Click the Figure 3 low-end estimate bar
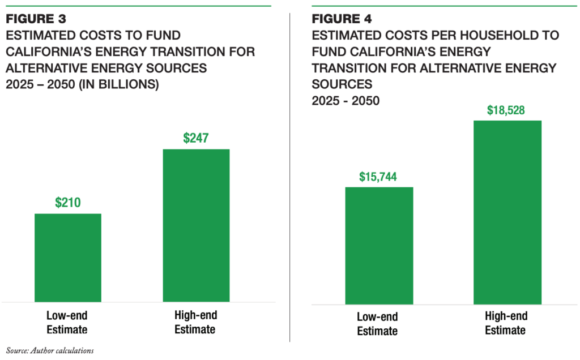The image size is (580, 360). (x=68, y=258)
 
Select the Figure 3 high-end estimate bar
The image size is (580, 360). (x=196, y=225)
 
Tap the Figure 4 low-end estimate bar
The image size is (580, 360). (x=379, y=246)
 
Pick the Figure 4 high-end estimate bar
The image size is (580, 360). (x=507, y=212)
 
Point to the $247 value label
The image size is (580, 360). (x=196, y=138)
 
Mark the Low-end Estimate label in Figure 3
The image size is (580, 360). (x=67, y=322)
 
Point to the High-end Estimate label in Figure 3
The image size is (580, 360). (x=196, y=322)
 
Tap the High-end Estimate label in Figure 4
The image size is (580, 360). (x=506, y=323)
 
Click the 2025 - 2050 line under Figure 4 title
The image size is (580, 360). (x=346, y=101)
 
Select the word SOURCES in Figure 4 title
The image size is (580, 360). (x=342, y=84)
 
